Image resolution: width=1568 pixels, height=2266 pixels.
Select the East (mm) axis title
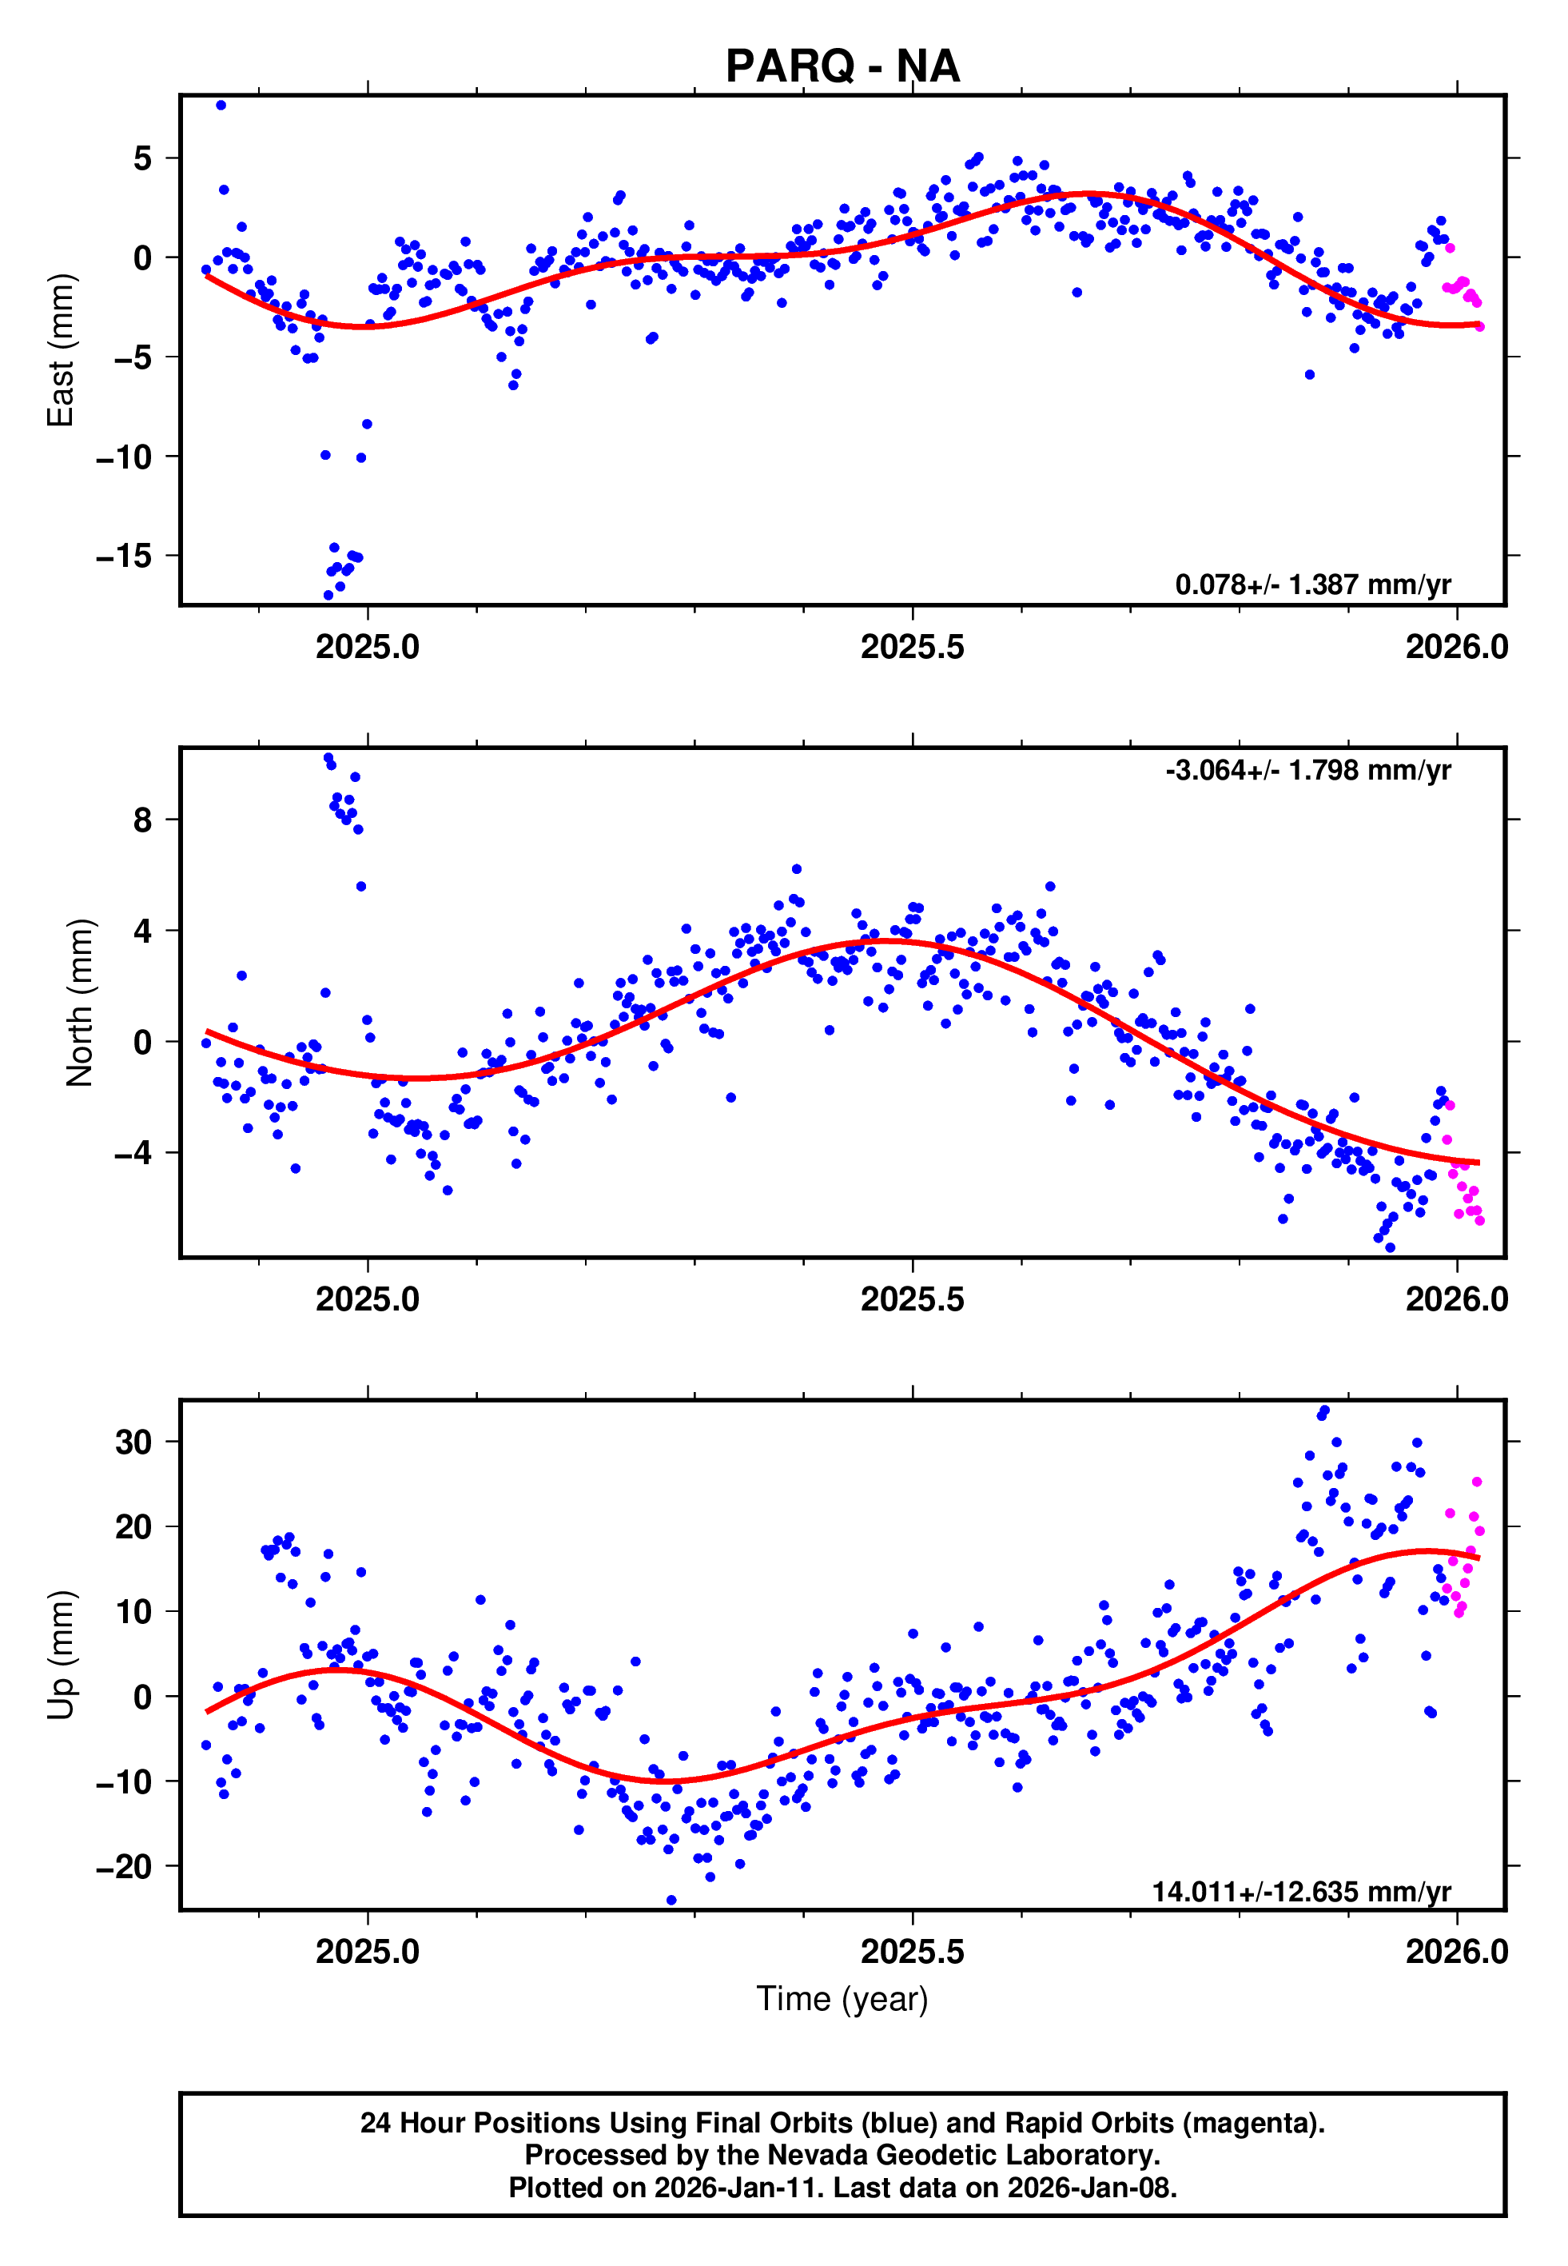[61, 350]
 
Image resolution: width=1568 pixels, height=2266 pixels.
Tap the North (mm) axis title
[80, 1003]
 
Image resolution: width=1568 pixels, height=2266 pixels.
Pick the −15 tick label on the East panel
[124, 557]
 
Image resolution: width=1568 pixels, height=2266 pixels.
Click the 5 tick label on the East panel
[142, 158]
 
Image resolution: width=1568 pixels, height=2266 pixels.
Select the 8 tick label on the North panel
[142, 820]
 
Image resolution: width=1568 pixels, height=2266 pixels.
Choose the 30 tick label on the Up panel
[133, 1442]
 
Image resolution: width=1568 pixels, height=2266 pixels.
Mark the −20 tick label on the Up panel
[124, 1865]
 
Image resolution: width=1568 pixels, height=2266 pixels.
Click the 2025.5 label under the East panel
[912, 647]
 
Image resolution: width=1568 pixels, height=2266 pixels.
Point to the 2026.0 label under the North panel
[1456, 1299]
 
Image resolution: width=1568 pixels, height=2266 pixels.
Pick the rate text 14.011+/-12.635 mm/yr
[1301, 1891]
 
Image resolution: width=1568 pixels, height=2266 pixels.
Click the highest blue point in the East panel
[221, 105]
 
